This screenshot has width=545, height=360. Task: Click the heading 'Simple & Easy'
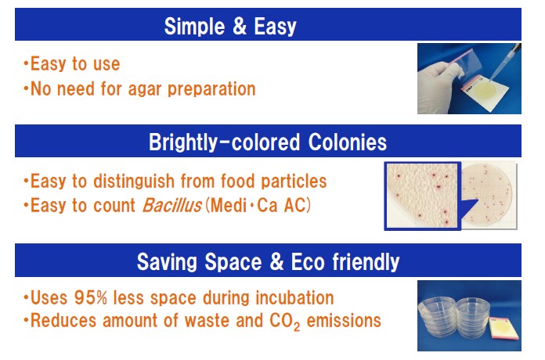230,27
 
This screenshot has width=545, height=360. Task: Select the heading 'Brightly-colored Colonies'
268,142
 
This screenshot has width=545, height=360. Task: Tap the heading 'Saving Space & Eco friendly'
268,261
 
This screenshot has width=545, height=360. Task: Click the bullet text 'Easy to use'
75,64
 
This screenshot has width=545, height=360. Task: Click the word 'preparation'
211,89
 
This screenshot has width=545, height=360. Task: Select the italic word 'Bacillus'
172,205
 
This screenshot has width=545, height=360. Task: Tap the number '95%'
90,298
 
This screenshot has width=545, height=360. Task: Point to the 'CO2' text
285,322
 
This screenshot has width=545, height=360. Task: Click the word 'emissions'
344,320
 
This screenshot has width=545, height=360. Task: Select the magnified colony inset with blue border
422,196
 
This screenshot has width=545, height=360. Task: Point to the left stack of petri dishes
437,317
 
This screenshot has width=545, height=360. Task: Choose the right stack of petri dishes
473,317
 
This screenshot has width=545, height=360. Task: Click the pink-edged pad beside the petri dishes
503,329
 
